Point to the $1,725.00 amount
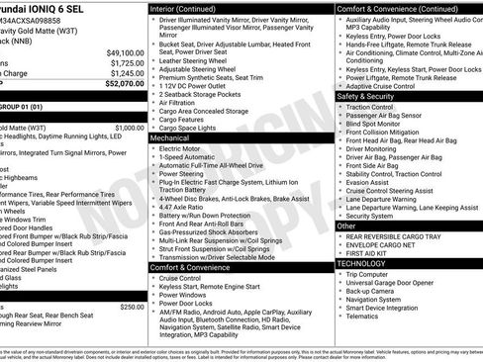pos(126,62)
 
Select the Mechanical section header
pos(170,139)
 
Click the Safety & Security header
pos(365,97)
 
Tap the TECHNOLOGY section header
pos(362,264)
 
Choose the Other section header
pos(346,226)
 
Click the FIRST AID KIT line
pos(370,254)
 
